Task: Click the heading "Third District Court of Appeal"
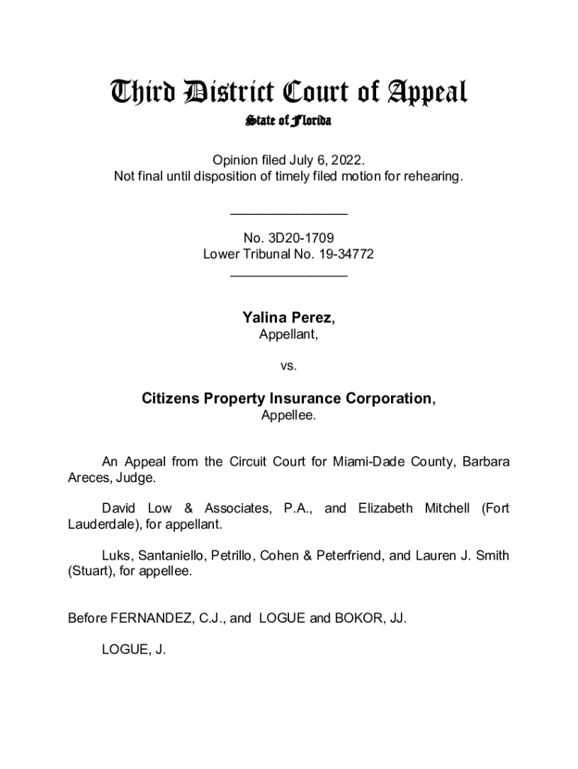tap(289, 93)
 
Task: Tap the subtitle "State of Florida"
tap(289, 121)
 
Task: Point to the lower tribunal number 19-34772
tap(342, 255)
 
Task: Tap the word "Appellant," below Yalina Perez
tap(289, 336)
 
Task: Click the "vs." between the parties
tap(289, 366)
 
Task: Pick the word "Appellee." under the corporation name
tap(289, 415)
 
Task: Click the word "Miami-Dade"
tap(360, 461)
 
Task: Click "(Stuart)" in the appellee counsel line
tap(88, 572)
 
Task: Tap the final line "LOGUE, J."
tap(134, 650)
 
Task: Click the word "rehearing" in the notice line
tap(436, 176)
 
